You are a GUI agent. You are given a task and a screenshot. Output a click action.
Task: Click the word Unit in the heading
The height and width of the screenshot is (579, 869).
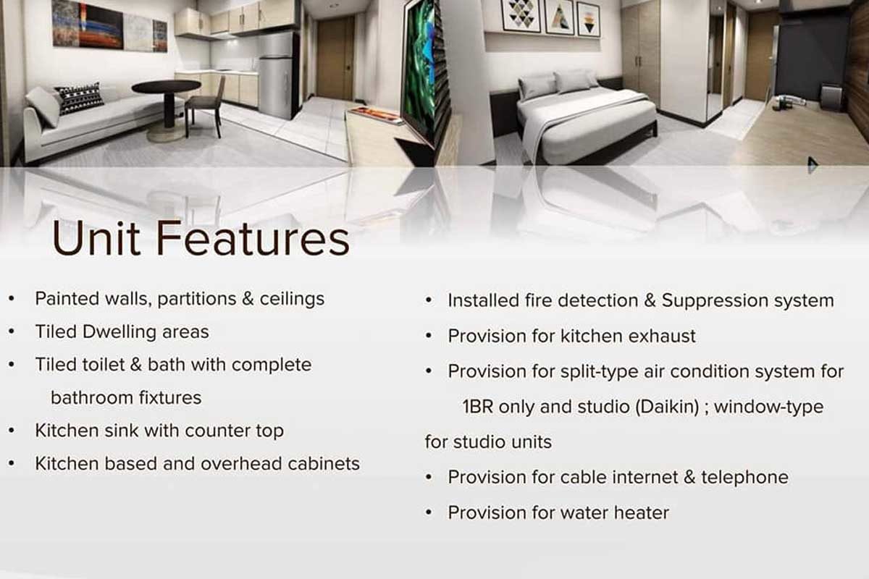tap(96, 238)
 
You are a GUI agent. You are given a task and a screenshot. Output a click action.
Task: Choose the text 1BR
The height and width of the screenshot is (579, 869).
tap(477, 407)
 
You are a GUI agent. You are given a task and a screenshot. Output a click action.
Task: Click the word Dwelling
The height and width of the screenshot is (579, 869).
tap(119, 332)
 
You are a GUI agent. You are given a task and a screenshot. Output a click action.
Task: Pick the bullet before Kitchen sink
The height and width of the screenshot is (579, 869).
tap(12, 431)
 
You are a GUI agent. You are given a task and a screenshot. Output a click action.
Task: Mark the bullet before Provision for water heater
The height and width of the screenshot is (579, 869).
tap(428, 512)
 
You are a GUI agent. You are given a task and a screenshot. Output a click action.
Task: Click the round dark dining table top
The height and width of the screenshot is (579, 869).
tap(167, 86)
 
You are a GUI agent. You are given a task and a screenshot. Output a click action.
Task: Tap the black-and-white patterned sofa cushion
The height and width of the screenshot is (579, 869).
tap(79, 98)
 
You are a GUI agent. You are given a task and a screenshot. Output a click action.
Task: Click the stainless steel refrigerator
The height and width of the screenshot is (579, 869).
tap(277, 75)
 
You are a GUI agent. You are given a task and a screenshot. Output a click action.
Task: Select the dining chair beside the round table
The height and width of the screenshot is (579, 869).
tap(204, 107)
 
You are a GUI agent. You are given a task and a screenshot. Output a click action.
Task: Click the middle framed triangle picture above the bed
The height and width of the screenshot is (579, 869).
tap(559, 17)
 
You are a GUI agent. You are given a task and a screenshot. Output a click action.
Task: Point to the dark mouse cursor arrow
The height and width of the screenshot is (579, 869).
tap(813, 165)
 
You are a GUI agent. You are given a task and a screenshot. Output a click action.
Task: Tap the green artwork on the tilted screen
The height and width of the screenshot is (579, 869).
tap(418, 66)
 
